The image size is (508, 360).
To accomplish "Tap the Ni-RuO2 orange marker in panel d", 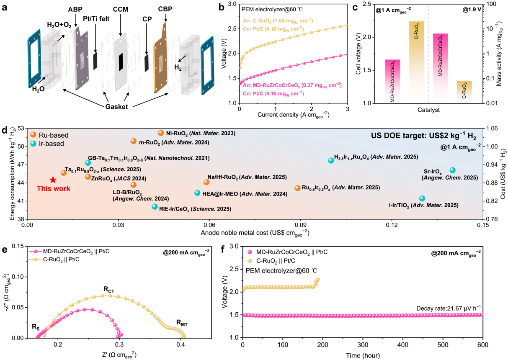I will pyautogui.click(x=161, y=133).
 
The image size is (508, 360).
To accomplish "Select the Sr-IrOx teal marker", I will pyautogui.click(x=452, y=170).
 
